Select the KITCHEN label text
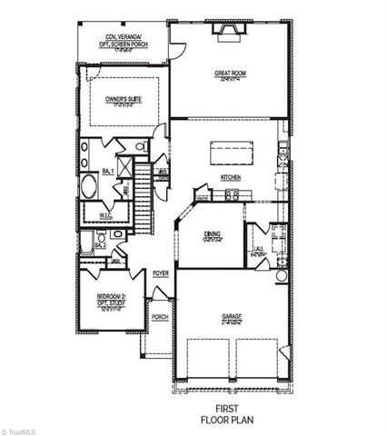tap(229, 178)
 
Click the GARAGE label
tap(232, 317)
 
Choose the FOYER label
tap(161, 272)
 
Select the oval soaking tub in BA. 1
tap(91, 189)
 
